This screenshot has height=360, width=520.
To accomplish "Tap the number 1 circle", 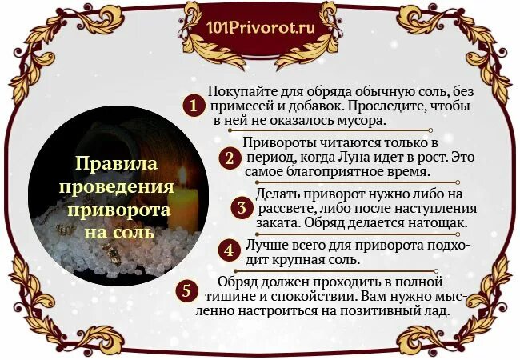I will point(192,105).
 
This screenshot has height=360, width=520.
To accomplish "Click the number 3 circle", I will point(241,208).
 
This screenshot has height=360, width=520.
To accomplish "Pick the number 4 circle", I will point(228,250).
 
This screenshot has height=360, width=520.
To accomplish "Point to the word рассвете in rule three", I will point(290,207).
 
